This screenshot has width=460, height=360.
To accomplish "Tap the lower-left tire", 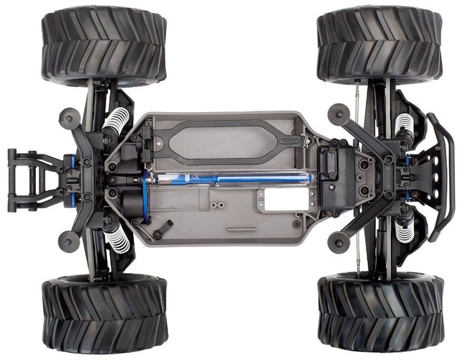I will click(x=103, y=314).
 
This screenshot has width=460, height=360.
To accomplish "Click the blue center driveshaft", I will click(x=230, y=177).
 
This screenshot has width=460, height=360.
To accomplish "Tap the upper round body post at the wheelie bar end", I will click(x=69, y=116).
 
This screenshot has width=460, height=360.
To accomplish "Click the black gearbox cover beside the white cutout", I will click(x=333, y=176).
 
